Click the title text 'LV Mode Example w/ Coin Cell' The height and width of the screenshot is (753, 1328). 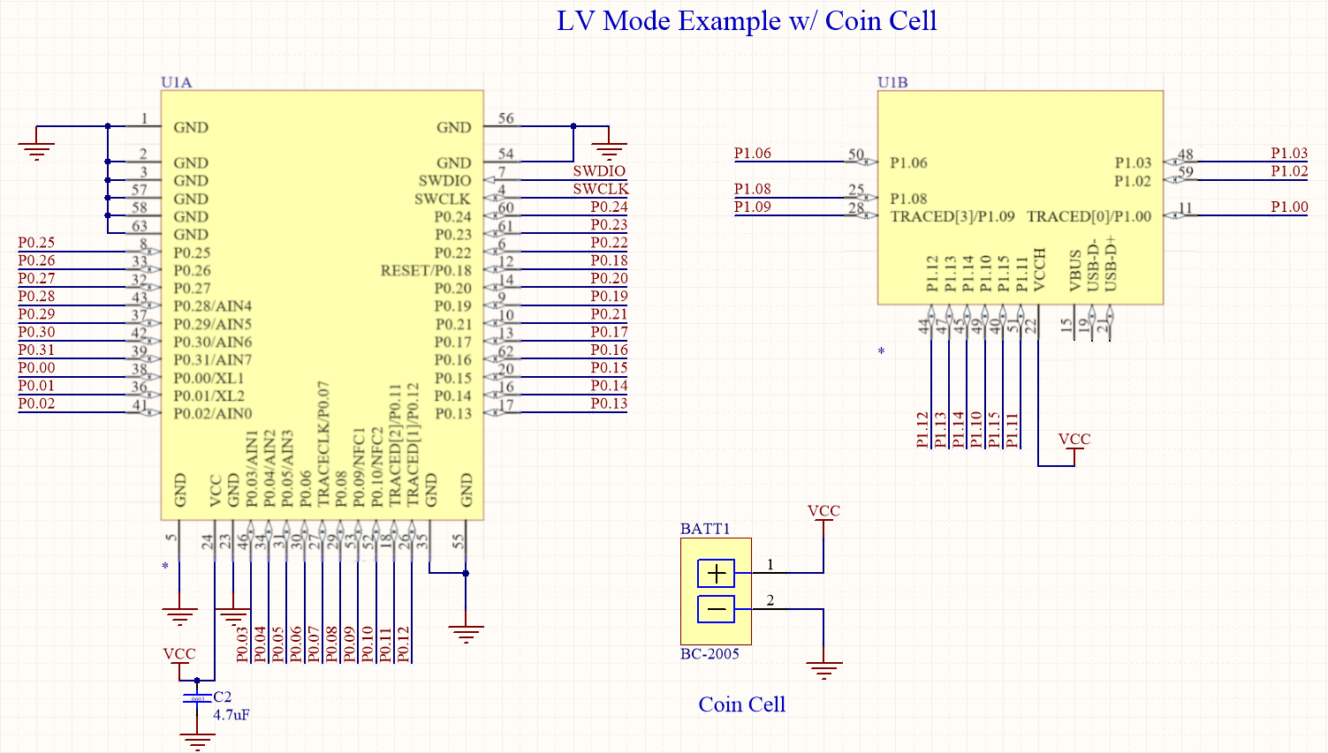[747, 21]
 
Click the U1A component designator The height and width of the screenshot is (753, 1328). [176, 82]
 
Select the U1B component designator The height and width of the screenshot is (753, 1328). [892, 82]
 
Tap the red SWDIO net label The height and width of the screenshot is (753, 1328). [599, 171]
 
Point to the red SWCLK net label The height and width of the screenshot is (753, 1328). [600, 189]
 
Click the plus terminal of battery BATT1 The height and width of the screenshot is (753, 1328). [716, 574]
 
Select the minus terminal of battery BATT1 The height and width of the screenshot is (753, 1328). [716, 609]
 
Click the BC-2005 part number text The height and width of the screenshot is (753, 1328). [710, 654]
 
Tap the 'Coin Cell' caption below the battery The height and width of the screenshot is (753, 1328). [741, 704]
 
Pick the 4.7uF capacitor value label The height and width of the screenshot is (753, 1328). [231, 715]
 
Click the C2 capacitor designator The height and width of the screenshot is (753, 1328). [223, 697]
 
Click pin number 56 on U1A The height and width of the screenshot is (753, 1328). [505, 118]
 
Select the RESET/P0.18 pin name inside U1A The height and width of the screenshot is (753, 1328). [426, 270]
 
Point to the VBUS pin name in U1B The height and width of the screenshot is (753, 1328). [1075, 270]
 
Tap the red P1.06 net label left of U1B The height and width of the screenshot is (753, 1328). [753, 154]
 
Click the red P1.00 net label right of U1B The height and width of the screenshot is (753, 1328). [1289, 207]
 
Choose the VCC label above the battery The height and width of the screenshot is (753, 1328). [823, 511]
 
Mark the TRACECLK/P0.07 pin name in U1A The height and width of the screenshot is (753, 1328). [323, 444]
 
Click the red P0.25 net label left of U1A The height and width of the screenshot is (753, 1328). [36, 243]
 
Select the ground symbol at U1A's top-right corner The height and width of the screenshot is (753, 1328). [610, 150]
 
